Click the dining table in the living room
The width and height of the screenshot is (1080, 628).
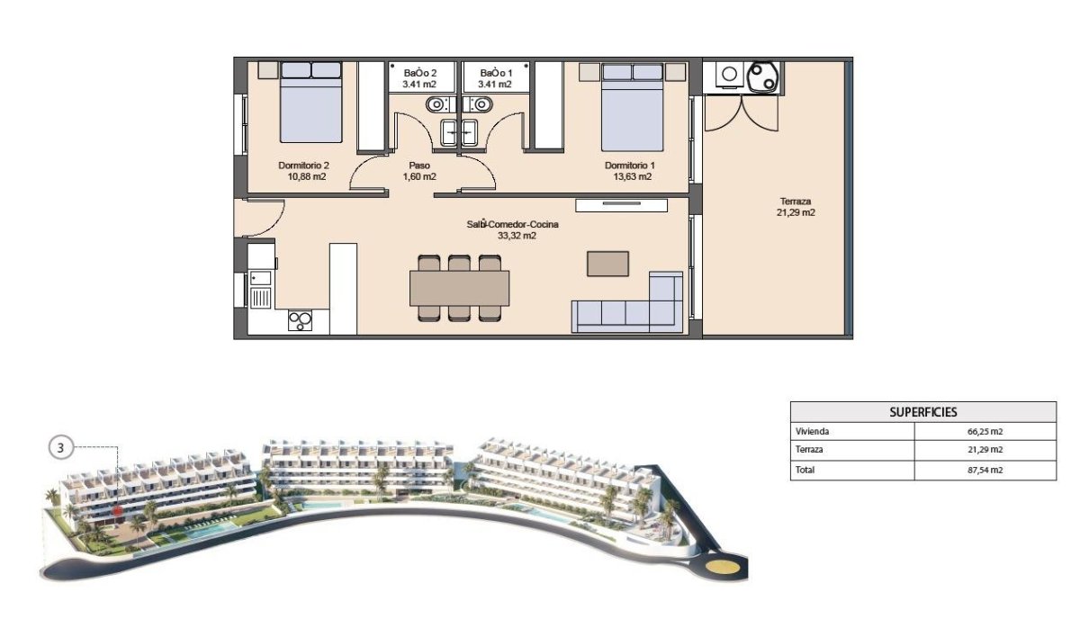(x=459, y=289)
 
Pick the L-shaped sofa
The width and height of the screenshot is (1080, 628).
(x=630, y=306)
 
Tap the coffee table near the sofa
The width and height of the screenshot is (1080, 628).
(x=608, y=263)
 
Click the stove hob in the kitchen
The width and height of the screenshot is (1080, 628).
(x=300, y=319)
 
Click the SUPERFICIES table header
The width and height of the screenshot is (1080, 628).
(x=923, y=412)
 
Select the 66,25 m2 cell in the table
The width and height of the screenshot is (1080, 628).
(x=985, y=432)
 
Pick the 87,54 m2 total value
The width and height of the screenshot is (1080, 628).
(x=985, y=470)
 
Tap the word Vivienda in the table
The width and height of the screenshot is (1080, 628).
(x=813, y=432)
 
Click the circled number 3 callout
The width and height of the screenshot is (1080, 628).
(x=61, y=447)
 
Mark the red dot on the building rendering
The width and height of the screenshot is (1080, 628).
(x=118, y=510)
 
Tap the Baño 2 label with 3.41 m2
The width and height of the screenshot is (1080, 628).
(x=420, y=78)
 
